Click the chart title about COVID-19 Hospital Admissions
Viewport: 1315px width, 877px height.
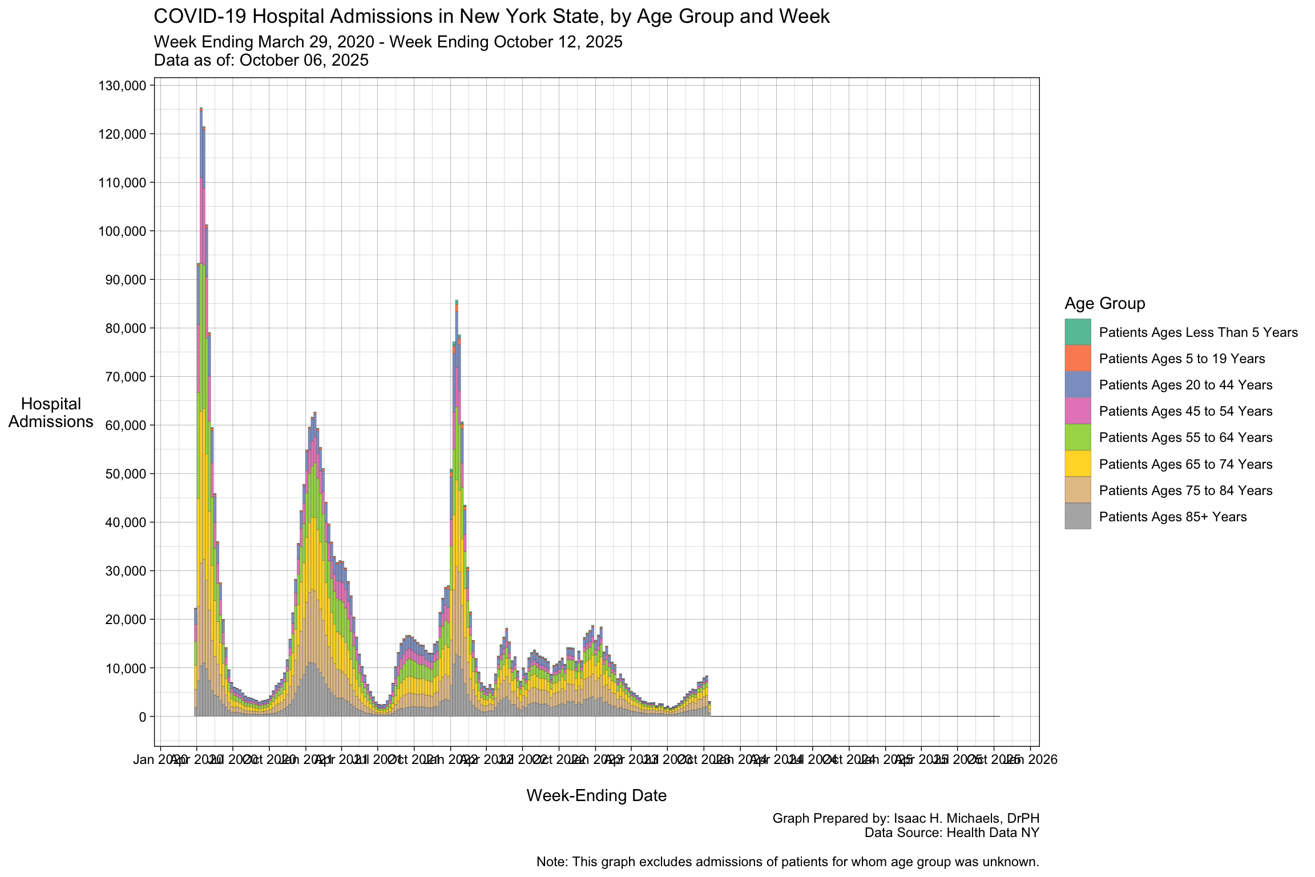pyautogui.click(x=491, y=17)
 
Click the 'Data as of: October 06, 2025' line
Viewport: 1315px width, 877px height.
pyautogui.click(x=261, y=61)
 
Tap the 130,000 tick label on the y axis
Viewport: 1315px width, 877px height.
pyautogui.click(x=123, y=86)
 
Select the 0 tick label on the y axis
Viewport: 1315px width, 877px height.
pyautogui.click(x=142, y=717)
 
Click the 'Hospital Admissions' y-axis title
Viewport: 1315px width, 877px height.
pyautogui.click(x=51, y=413)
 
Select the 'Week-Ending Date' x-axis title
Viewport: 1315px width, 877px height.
pyautogui.click(x=596, y=795)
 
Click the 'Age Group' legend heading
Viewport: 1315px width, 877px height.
pyautogui.click(x=1104, y=303)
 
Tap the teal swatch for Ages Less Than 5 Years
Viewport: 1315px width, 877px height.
pyautogui.click(x=1078, y=332)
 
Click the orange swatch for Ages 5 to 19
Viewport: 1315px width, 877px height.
pyautogui.click(x=1078, y=359)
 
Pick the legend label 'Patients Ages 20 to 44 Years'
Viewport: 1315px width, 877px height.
pyautogui.click(x=1185, y=385)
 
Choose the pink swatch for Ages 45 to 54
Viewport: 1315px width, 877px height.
pyautogui.click(x=1078, y=411)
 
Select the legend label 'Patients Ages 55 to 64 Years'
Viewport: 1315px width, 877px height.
pyautogui.click(x=1185, y=437)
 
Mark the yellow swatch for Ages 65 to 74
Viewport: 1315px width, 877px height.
pyautogui.click(x=1078, y=464)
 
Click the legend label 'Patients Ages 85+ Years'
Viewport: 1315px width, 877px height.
pyautogui.click(x=1173, y=517)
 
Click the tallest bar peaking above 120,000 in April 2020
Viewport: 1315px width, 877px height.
pyautogui.click(x=201, y=400)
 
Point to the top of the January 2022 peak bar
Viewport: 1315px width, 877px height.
pyautogui.click(x=457, y=301)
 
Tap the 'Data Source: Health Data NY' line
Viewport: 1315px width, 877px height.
pyautogui.click(x=951, y=832)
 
